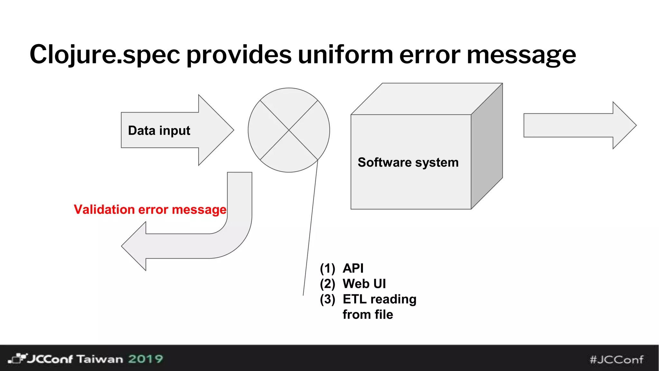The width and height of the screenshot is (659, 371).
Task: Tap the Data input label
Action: [x=159, y=130]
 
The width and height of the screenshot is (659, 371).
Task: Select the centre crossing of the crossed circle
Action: [x=289, y=130]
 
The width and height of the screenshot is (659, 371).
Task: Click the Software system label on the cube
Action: [x=408, y=162]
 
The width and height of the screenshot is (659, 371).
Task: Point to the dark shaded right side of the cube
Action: [x=487, y=147]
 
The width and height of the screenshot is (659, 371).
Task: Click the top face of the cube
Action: [x=426, y=99]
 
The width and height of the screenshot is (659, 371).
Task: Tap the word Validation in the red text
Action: [x=104, y=210]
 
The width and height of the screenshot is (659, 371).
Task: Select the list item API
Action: [x=353, y=268]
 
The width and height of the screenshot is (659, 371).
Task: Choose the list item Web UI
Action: [x=364, y=284]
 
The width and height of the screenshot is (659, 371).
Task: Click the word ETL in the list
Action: [x=354, y=299]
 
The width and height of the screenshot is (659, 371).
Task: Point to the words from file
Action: [x=368, y=315]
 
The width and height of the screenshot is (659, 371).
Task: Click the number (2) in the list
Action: [x=327, y=284]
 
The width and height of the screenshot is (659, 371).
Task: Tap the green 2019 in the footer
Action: [x=145, y=359]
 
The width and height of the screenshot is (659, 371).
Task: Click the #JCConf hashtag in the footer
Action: [x=616, y=359]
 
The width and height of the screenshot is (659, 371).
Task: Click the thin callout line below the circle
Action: [x=310, y=229]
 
